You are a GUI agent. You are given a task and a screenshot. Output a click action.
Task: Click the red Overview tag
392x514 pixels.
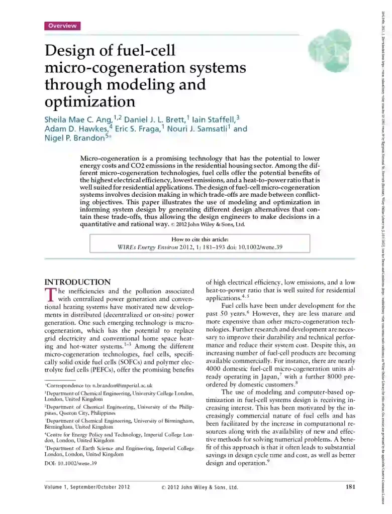tap(62, 26)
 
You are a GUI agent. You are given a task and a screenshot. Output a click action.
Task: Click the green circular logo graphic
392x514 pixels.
tap(329, 46)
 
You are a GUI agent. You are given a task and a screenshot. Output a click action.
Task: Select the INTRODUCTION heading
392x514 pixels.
tap(78, 282)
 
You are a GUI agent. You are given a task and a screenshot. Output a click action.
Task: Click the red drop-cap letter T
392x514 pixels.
tap(50, 295)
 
